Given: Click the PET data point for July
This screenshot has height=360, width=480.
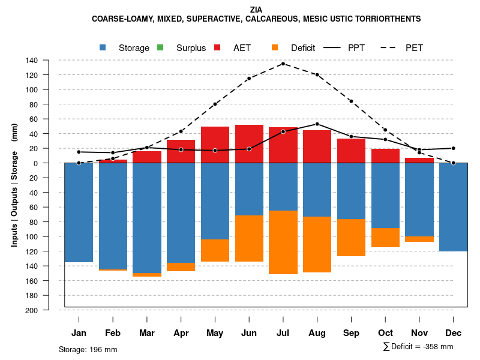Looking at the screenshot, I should point(283,64).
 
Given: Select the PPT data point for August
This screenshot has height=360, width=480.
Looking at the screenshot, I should point(317,124).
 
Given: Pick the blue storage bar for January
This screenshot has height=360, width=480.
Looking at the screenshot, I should point(79,212).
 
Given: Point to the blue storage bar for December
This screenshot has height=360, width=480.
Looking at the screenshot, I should point(454,207).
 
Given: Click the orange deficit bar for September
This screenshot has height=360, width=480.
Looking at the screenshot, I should point(351,238).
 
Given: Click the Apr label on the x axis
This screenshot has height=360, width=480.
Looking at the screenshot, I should point(181,333).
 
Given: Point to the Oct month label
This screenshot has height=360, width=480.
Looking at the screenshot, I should point(385,333).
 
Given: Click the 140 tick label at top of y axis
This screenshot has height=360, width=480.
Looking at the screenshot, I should point(49,61).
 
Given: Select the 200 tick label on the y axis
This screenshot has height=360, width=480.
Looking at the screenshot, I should point(49,310).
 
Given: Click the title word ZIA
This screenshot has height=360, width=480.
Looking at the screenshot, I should point(256,10).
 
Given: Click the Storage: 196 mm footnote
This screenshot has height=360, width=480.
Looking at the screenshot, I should point(88,349).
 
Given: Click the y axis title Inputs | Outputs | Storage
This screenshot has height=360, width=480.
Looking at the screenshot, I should point(14,184).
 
